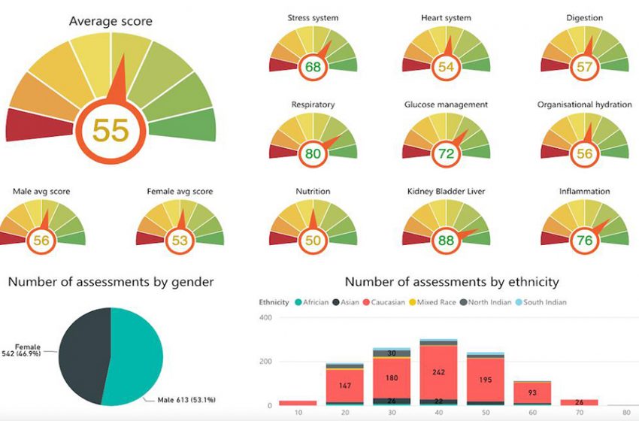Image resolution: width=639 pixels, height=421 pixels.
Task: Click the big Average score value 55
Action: click(111, 130)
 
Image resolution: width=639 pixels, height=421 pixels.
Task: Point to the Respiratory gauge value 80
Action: click(313, 154)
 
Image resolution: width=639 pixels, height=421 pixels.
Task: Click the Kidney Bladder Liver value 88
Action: click(447, 241)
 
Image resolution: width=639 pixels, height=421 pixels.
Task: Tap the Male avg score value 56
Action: click(41, 241)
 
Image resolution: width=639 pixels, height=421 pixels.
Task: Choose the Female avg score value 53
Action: click(180, 241)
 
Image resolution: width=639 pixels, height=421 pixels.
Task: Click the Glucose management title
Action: click(446, 104)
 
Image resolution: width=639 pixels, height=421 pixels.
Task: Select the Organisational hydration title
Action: click(584, 104)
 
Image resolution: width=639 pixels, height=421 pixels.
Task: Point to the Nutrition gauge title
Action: click(313, 191)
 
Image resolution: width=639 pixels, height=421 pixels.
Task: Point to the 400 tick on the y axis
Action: click(265, 318)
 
